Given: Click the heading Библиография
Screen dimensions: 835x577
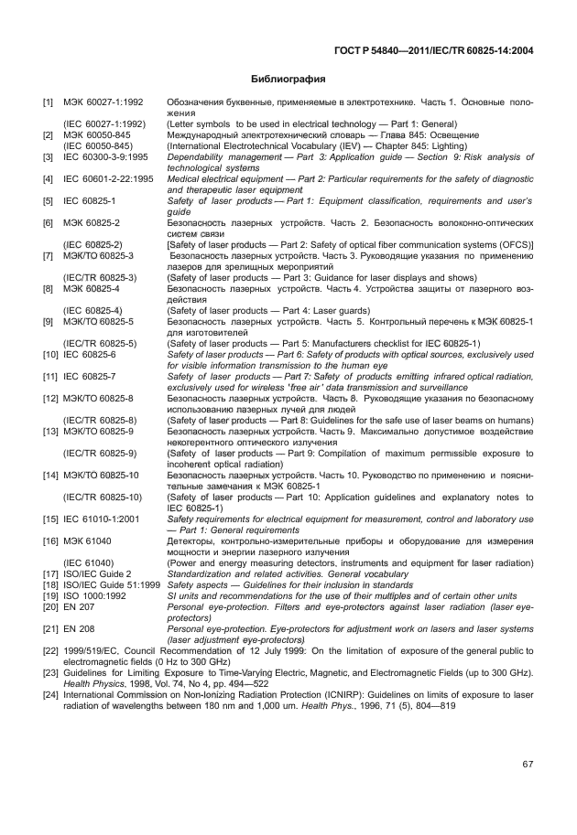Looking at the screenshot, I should (288, 80).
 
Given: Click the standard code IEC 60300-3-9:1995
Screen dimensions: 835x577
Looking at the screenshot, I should (103, 157).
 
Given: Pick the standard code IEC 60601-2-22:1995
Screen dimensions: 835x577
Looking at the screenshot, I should (108, 178).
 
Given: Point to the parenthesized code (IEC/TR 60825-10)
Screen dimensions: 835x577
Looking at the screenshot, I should (103, 498).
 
